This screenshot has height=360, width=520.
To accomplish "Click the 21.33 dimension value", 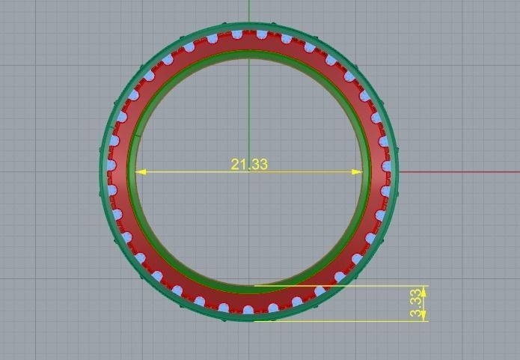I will pos(249,164).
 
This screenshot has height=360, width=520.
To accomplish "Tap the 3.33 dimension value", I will pos(416,304).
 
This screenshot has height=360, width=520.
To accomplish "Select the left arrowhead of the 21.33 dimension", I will pos(141,172).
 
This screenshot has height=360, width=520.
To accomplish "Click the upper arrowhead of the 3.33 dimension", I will pos(423,290).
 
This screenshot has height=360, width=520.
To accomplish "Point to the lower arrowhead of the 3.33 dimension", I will pos(423,317).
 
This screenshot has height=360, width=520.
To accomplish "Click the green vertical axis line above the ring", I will pos(249,11).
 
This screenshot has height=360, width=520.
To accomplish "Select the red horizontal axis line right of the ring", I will pos(456,172).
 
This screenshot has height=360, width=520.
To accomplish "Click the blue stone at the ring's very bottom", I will pos(249,311).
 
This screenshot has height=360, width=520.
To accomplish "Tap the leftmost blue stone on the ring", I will pos(111,165).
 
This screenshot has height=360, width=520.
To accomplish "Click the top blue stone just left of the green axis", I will pos(237,34).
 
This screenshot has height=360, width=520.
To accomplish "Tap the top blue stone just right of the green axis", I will pos(262,34).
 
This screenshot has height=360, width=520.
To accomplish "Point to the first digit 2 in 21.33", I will pos(234,164).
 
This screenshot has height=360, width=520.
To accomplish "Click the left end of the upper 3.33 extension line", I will pos(255,285).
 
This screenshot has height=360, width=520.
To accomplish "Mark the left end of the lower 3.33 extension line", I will pos(255,321).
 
